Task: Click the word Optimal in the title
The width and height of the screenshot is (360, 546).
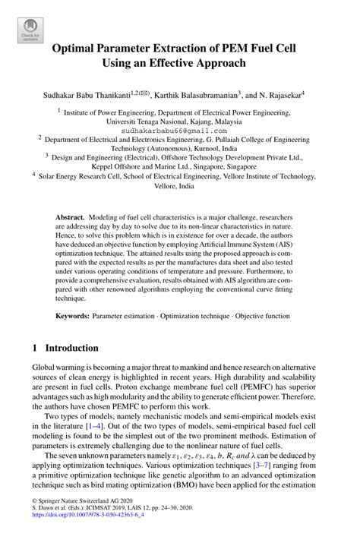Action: click(77, 49)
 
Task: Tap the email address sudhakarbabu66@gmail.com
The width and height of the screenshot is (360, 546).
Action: click(179, 130)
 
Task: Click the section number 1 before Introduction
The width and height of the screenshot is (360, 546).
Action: click(35, 348)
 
